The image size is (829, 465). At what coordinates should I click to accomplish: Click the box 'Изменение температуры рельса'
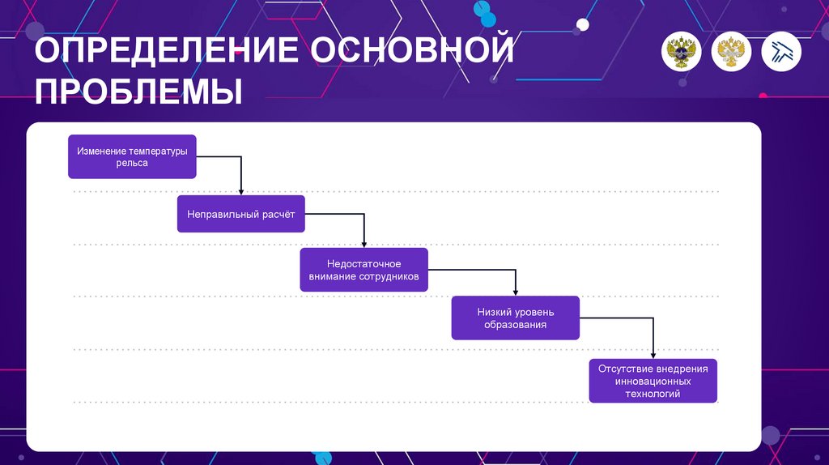(x=132, y=156)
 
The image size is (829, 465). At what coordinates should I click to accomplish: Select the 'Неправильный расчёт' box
(x=241, y=214)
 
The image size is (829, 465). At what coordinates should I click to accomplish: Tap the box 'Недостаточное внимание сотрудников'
(x=363, y=270)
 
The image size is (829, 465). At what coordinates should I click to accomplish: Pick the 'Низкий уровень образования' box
(x=515, y=318)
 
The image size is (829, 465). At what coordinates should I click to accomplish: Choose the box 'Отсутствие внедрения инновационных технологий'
(x=653, y=381)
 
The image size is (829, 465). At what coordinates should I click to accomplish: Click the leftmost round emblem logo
(x=682, y=52)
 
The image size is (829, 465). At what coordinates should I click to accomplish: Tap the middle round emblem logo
(x=731, y=52)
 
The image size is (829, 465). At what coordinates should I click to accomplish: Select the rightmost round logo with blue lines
(x=781, y=52)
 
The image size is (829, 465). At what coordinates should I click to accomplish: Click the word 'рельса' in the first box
(x=132, y=163)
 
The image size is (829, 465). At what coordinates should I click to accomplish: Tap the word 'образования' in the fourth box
(x=516, y=325)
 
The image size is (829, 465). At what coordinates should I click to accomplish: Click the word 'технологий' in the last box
(x=653, y=394)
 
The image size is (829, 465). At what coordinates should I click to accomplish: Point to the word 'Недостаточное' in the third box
(x=363, y=263)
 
